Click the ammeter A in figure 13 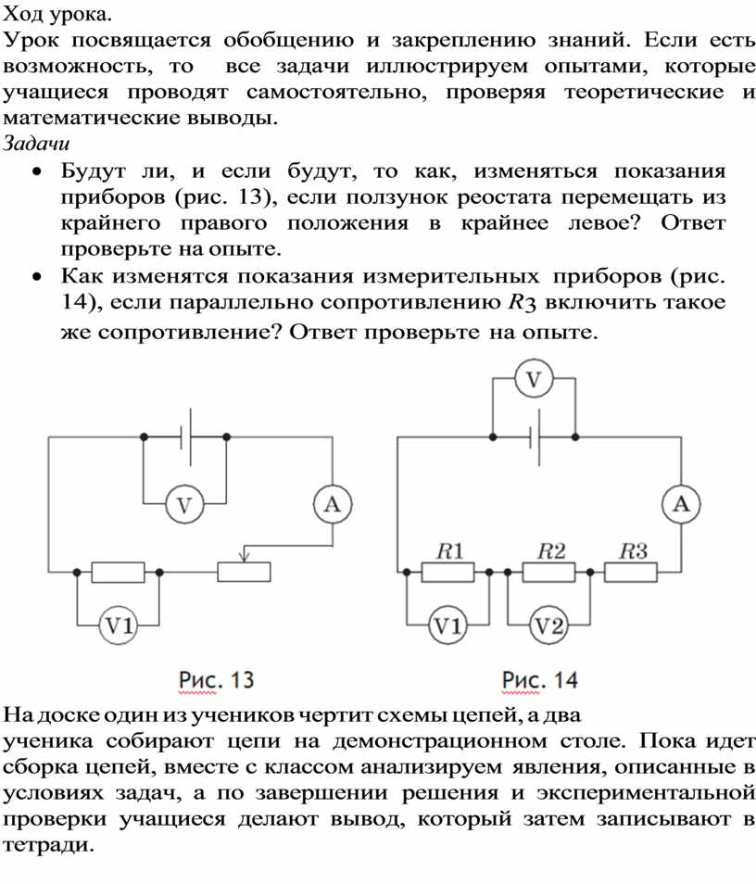pos(333,505)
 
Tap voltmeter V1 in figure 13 pos(119,625)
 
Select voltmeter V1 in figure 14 pos(448,625)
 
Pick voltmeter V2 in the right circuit pos(549,625)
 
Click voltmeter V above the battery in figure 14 pos(534,379)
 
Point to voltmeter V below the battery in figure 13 pos(185,505)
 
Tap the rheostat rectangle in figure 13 pos(244,573)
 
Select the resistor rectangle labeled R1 pos(448,573)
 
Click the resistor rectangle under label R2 pos(549,573)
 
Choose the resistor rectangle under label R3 pos(631,573)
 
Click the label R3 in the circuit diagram pos(634,550)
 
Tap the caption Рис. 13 pos(217,680)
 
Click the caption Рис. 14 pos(540,680)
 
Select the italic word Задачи pos(36,144)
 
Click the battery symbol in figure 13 pos(186,437)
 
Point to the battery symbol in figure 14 pos(535,437)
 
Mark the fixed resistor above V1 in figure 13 pos(119,573)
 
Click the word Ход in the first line pos(23,14)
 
